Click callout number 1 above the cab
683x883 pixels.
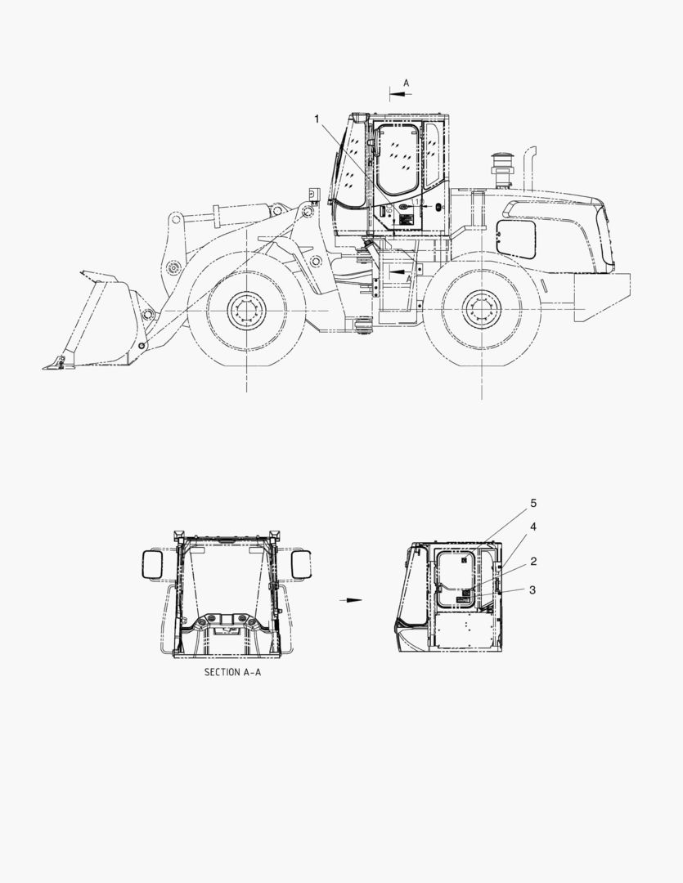pyautogui.click(x=317, y=119)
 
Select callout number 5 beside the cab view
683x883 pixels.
pyautogui.click(x=533, y=503)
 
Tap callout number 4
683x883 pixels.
pyautogui.click(x=533, y=527)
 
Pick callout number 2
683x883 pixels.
pyautogui.click(x=533, y=561)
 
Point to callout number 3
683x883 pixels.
pyautogui.click(x=533, y=590)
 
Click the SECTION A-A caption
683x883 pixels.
pyautogui.click(x=232, y=672)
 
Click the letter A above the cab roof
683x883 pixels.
pyautogui.click(x=407, y=83)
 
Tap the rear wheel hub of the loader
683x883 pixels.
pyautogui.click(x=482, y=309)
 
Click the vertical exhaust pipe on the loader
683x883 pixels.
pyautogui.click(x=530, y=168)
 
